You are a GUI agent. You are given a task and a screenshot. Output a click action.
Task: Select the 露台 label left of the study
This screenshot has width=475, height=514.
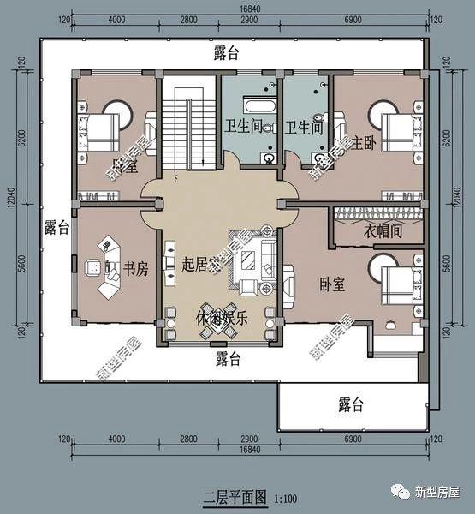coord(56,228)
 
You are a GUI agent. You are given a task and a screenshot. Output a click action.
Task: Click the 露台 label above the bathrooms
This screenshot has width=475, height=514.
coord(226,53)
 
